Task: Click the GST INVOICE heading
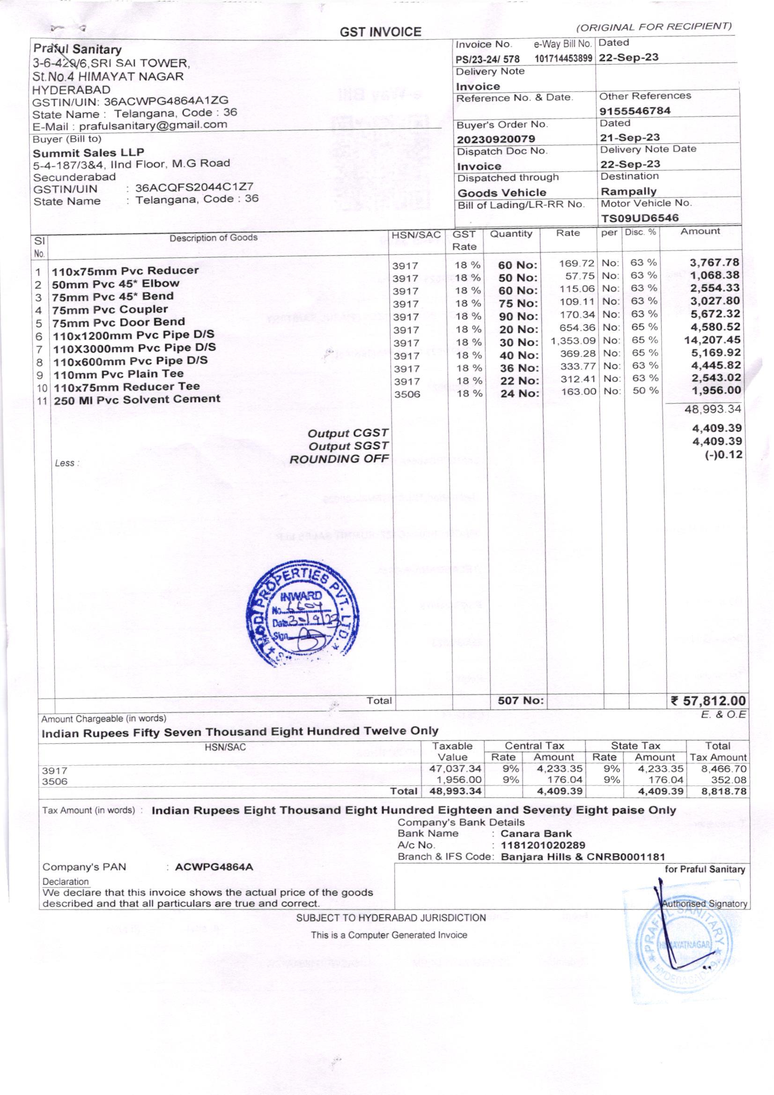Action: coord(380,32)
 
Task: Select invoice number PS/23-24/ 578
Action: coord(487,59)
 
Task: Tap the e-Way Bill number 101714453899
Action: coord(563,59)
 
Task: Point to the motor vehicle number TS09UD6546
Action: coord(640,218)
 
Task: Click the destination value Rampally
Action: coord(628,191)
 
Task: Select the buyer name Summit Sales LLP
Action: coord(88,153)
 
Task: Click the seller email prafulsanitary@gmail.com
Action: coord(153,126)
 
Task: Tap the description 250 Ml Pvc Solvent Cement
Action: coord(137,400)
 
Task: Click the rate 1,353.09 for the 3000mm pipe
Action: coord(573,341)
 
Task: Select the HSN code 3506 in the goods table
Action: coord(407,394)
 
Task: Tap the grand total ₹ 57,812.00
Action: coord(708,701)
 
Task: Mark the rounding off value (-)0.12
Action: coord(723,454)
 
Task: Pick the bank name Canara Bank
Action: coord(536,834)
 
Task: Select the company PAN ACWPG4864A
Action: coord(214,867)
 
